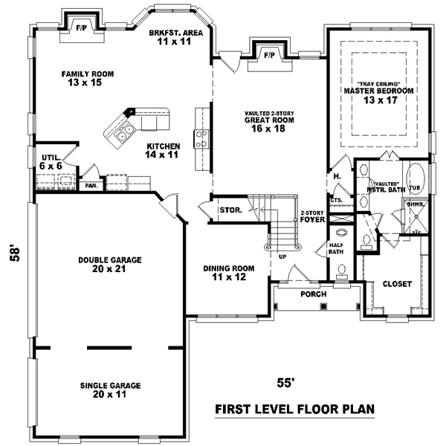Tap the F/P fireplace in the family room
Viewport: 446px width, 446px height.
80,29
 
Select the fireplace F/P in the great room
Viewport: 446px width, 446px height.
268,54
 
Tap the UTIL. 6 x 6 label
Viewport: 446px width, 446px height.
51,163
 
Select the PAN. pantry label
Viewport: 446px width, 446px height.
91,185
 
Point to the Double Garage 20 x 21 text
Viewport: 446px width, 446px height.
110,265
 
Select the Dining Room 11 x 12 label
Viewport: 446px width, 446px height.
229,273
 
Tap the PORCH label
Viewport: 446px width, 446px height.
313,294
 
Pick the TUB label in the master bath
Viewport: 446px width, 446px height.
415,189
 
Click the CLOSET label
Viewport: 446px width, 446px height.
397,284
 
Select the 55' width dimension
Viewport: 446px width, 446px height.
286,384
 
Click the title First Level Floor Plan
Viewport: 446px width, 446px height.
294,409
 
